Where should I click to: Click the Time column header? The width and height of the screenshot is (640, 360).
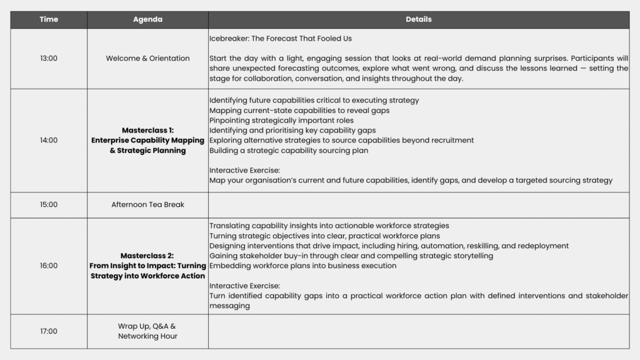[x=49, y=19]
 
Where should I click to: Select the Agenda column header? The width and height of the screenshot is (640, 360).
[x=147, y=19]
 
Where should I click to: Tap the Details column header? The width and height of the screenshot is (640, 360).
[x=418, y=19]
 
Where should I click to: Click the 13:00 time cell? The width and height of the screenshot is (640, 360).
[x=49, y=58]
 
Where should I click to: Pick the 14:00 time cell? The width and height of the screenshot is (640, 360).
[x=49, y=140]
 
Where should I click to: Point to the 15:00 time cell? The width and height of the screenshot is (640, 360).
[x=49, y=204]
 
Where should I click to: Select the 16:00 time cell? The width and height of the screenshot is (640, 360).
[x=49, y=266]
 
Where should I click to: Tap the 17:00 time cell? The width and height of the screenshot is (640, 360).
[x=49, y=331]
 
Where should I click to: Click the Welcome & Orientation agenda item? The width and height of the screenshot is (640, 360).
[x=147, y=58]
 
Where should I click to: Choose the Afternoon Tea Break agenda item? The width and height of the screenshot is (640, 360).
[x=147, y=204]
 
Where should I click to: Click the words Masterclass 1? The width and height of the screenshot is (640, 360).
[x=147, y=130]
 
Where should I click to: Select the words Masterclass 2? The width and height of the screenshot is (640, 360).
[x=147, y=256]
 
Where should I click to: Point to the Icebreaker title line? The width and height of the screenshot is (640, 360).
[x=281, y=38]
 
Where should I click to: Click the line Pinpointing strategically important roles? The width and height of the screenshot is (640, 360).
[x=281, y=120]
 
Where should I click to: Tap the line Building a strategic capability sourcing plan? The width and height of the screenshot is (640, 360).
[x=289, y=150]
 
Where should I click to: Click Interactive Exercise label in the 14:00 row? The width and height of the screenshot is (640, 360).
[x=244, y=170]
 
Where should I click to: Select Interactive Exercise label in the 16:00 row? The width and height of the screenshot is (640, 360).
[x=244, y=286]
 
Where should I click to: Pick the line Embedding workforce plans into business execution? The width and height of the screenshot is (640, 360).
[x=302, y=266]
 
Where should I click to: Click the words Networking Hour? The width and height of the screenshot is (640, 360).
[x=147, y=336]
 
